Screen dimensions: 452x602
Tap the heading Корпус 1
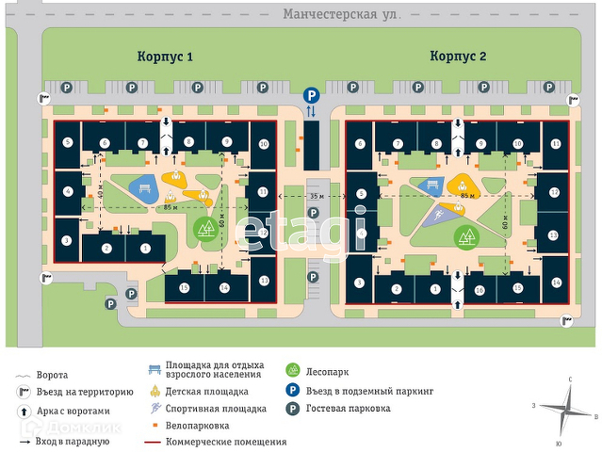165,56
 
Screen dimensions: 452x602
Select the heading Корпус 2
459,56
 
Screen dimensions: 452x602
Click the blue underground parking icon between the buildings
311,95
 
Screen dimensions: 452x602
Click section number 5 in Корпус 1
68,142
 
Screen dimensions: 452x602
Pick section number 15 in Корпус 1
185,286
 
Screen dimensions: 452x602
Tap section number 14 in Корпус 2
556,283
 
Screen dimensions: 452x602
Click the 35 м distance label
317,195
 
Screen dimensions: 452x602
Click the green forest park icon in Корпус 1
206,227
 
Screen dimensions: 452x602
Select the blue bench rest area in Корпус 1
144,186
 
